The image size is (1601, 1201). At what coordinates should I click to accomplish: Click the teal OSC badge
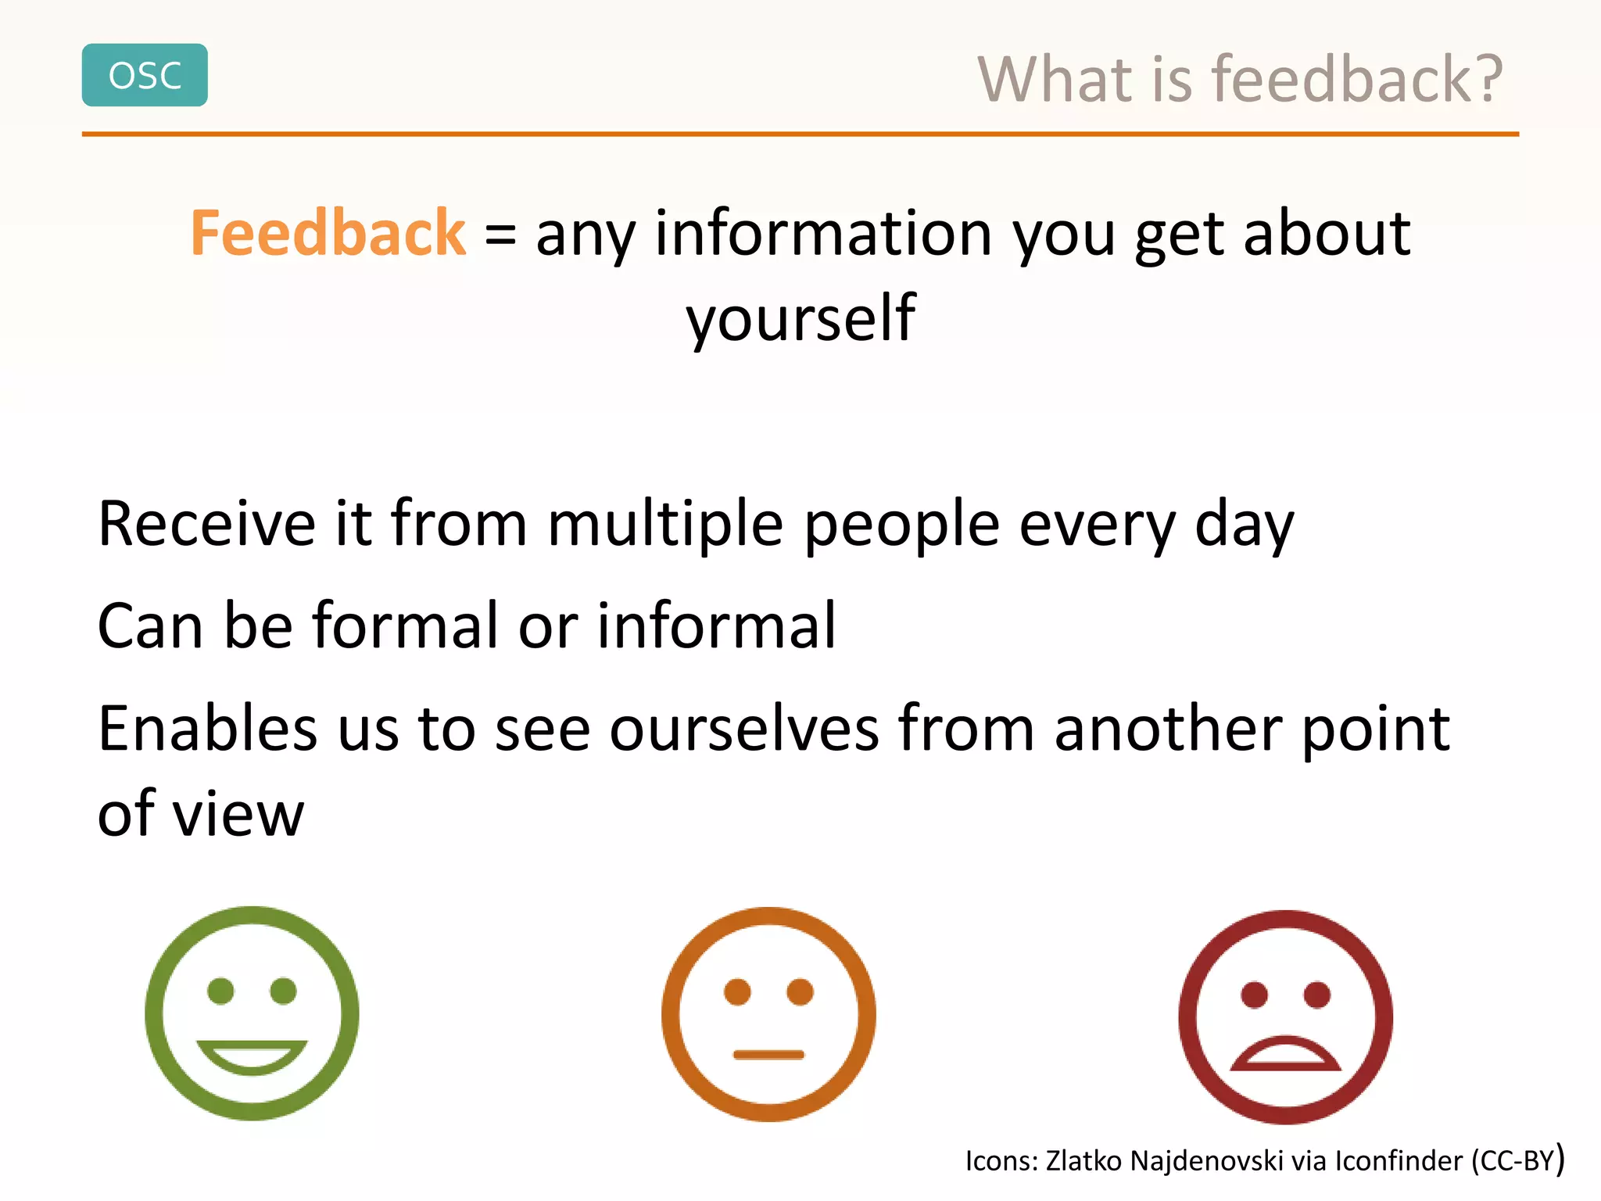145,75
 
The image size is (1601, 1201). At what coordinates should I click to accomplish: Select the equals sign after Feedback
500,235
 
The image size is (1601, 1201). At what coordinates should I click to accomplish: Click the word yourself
800,319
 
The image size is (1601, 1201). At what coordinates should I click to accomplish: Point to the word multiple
664,524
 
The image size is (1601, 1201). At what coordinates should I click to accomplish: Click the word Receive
206,524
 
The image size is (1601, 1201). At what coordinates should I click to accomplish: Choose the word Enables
207,729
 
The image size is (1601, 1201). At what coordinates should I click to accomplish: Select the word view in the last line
238,815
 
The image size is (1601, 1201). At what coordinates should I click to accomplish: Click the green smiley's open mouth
252,1055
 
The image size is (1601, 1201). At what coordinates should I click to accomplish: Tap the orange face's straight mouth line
768,1055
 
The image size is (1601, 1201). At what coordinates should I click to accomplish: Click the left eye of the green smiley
220,991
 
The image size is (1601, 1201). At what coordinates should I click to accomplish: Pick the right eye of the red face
1317,995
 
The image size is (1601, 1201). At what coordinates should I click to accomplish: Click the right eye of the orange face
800,991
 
